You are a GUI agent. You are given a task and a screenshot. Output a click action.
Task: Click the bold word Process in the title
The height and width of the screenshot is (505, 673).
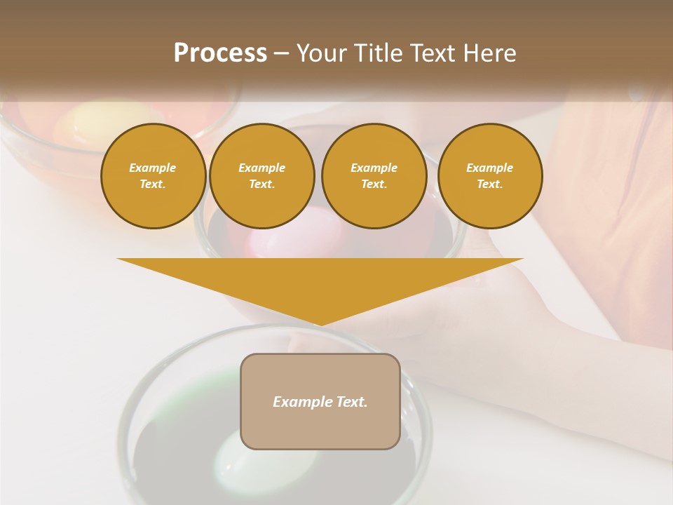pyautogui.click(x=220, y=53)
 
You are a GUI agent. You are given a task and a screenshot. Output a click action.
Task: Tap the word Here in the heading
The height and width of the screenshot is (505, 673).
pyautogui.click(x=490, y=53)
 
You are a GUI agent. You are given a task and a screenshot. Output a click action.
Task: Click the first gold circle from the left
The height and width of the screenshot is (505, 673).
pyautogui.click(x=154, y=176)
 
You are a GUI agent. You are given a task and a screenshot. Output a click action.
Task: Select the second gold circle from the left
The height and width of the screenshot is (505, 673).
pyautogui.click(x=262, y=176)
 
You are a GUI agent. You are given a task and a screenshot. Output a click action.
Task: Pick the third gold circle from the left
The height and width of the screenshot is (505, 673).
pyautogui.click(x=374, y=176)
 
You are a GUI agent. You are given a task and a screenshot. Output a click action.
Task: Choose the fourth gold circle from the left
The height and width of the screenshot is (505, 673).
pyautogui.click(x=490, y=176)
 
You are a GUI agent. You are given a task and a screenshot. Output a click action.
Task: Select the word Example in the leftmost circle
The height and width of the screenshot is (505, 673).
pyautogui.click(x=153, y=168)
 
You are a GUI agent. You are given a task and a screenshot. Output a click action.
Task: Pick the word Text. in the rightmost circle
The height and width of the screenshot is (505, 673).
pyautogui.click(x=490, y=184)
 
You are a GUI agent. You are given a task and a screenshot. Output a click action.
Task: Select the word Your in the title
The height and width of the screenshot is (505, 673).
pyautogui.click(x=320, y=53)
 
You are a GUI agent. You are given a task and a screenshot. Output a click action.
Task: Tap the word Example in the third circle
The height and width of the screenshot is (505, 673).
pyautogui.click(x=374, y=168)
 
